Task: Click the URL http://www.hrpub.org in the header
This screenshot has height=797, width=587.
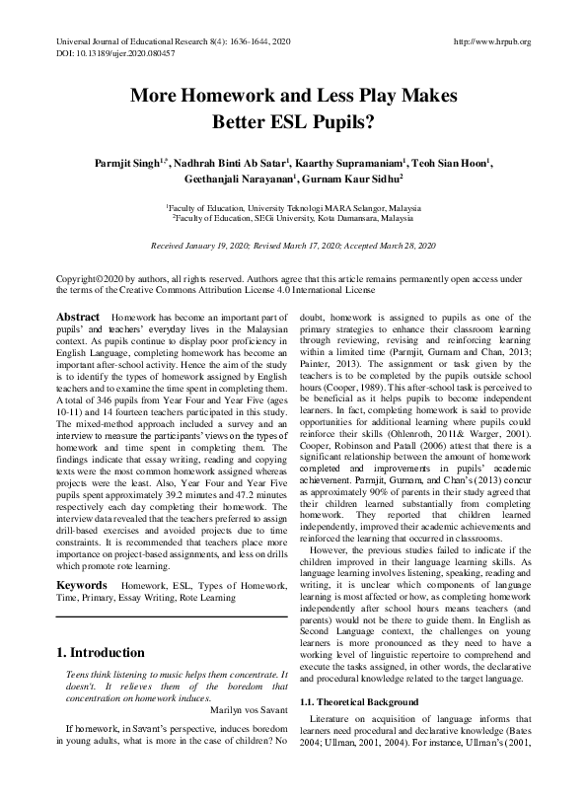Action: [x=489, y=41]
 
